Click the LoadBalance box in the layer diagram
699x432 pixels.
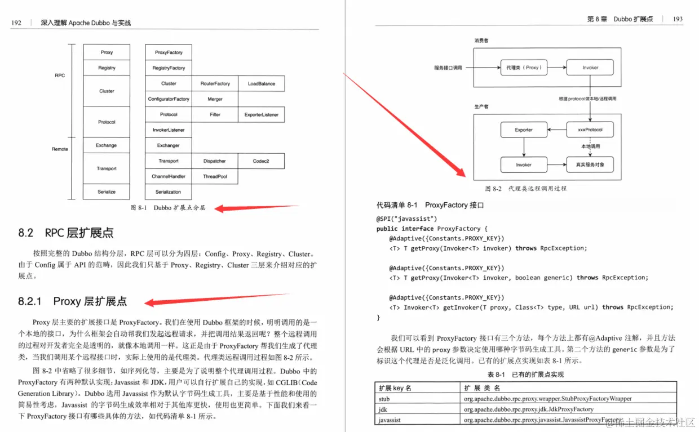pos(261,83)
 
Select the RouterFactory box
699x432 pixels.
pos(215,83)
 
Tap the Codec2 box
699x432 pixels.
pos(261,161)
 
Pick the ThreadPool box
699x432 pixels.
pos(215,176)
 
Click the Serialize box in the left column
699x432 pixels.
pos(107,191)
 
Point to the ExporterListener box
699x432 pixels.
pos(261,114)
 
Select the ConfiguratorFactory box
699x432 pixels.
pos(169,99)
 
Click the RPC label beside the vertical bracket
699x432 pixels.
pos(60,75)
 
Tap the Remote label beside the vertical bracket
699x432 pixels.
pos(60,149)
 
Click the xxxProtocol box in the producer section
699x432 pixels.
pos(590,130)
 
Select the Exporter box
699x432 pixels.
pos(524,130)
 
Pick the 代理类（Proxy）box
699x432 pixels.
pos(524,68)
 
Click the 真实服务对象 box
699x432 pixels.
pos(590,165)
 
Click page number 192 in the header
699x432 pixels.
pos(16,23)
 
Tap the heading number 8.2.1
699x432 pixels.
pos(30,301)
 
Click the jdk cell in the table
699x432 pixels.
pos(383,409)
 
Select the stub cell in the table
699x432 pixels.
pos(384,399)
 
